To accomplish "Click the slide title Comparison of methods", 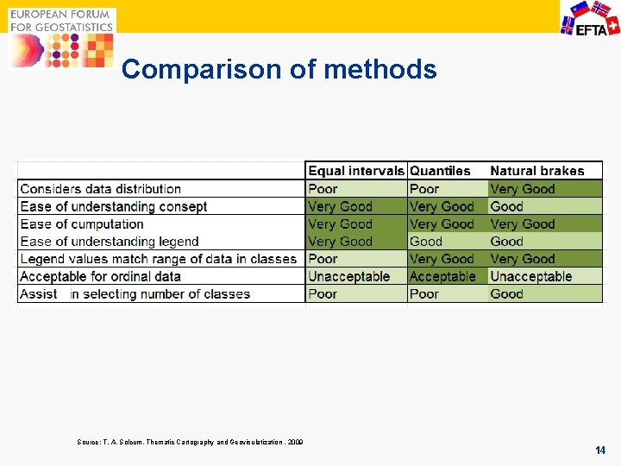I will (x=279, y=69).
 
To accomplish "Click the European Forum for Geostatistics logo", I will (x=61, y=37).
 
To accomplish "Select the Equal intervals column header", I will (x=355, y=171).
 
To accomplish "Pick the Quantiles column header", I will (x=440, y=171).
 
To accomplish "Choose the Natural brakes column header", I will (x=536, y=171).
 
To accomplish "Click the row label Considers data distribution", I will (x=100, y=189).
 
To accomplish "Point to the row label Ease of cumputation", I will (x=82, y=224).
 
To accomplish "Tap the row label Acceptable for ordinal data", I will (x=100, y=277).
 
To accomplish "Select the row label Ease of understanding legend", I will (x=110, y=242).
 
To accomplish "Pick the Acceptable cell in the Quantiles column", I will (x=442, y=277).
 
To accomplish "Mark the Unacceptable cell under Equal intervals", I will (x=349, y=277).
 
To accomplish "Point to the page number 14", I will (x=600, y=450).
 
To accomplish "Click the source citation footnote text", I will (x=190, y=443).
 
